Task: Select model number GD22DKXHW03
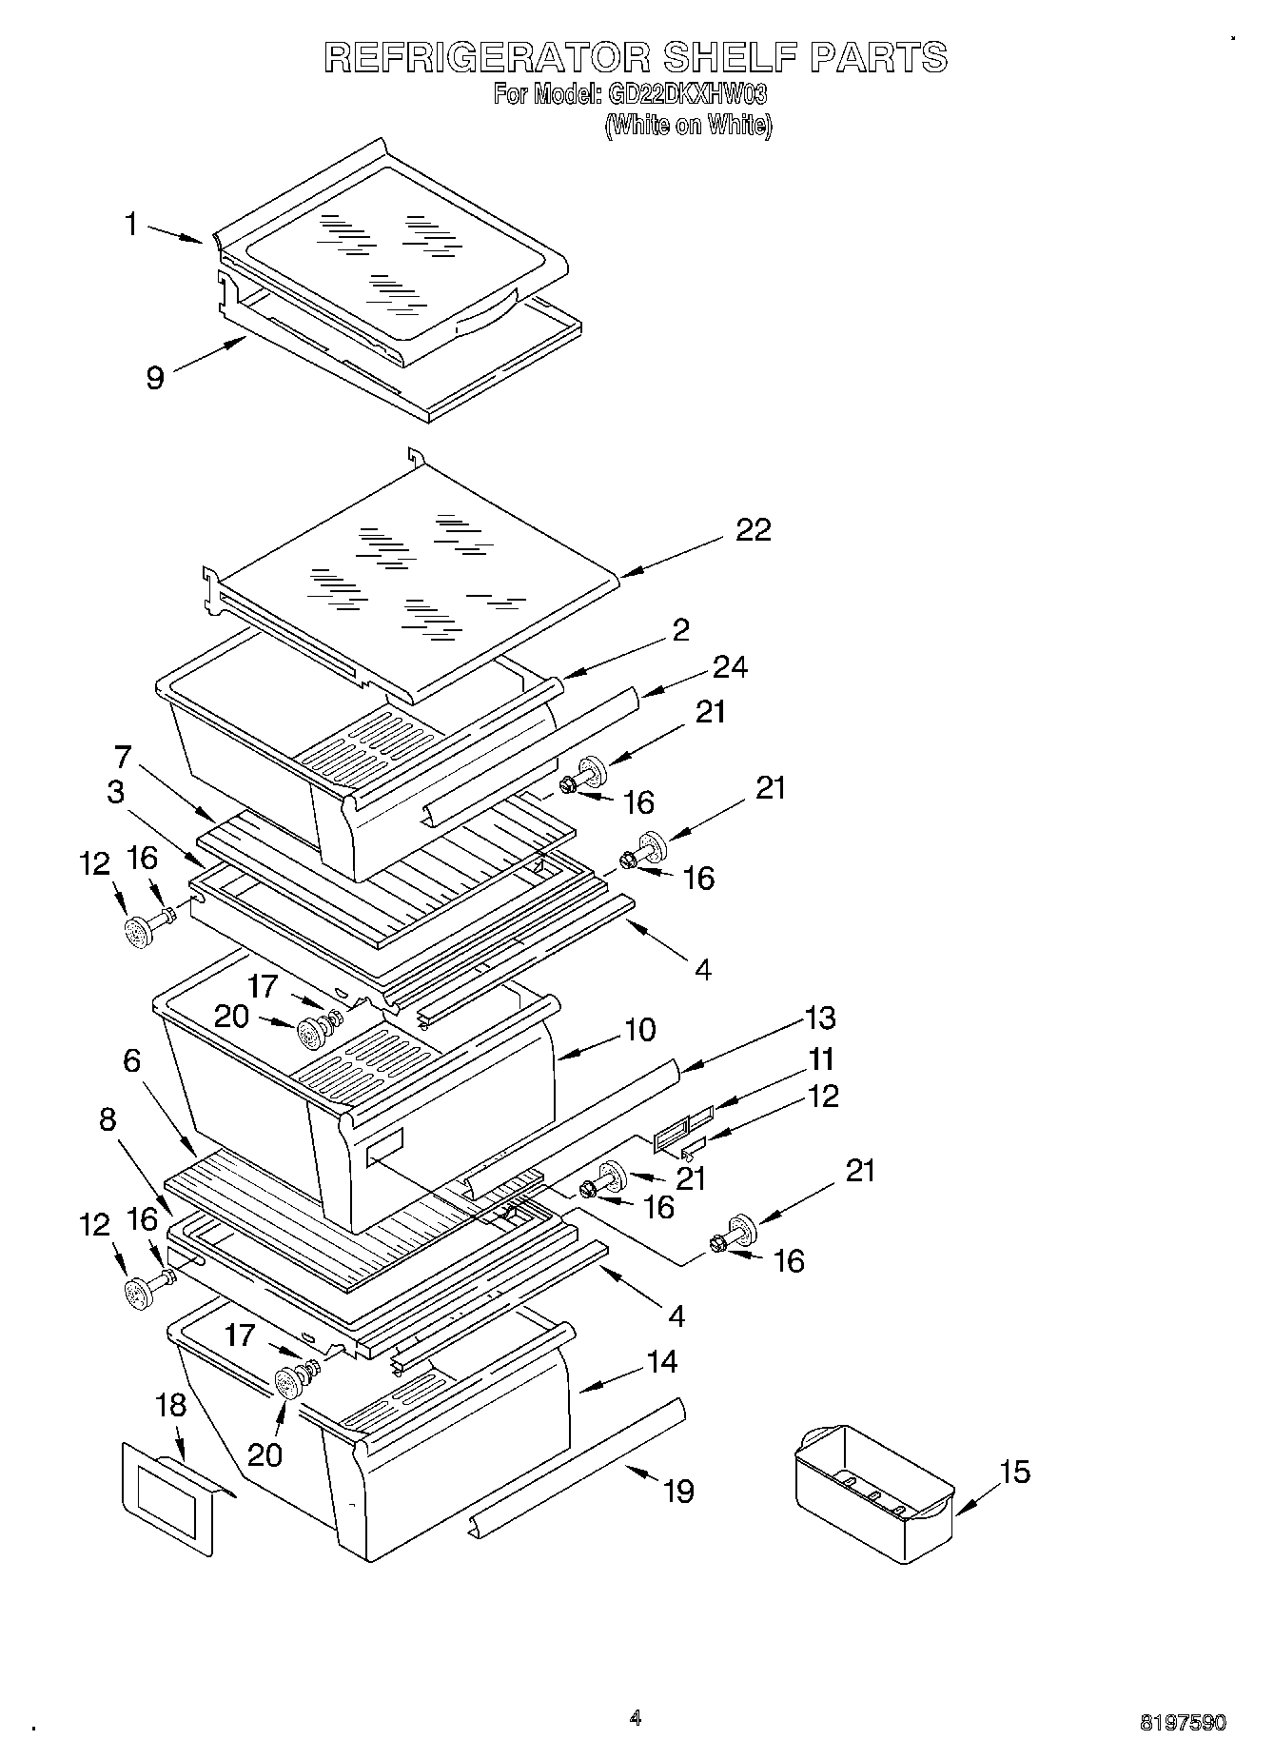pos(685,95)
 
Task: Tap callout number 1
pos(131,226)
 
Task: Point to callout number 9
pos(155,378)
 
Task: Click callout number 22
pos(754,531)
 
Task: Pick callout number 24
pos(731,668)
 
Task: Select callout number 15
pos(1015,1472)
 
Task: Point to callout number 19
pos(677,1491)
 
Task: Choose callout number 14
pos(661,1362)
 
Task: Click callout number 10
pos(640,1030)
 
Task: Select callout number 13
pos(819,1018)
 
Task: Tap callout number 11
pos(820,1059)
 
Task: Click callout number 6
pos(131,1060)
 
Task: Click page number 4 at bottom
pos(636,1717)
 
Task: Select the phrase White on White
pos(688,125)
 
